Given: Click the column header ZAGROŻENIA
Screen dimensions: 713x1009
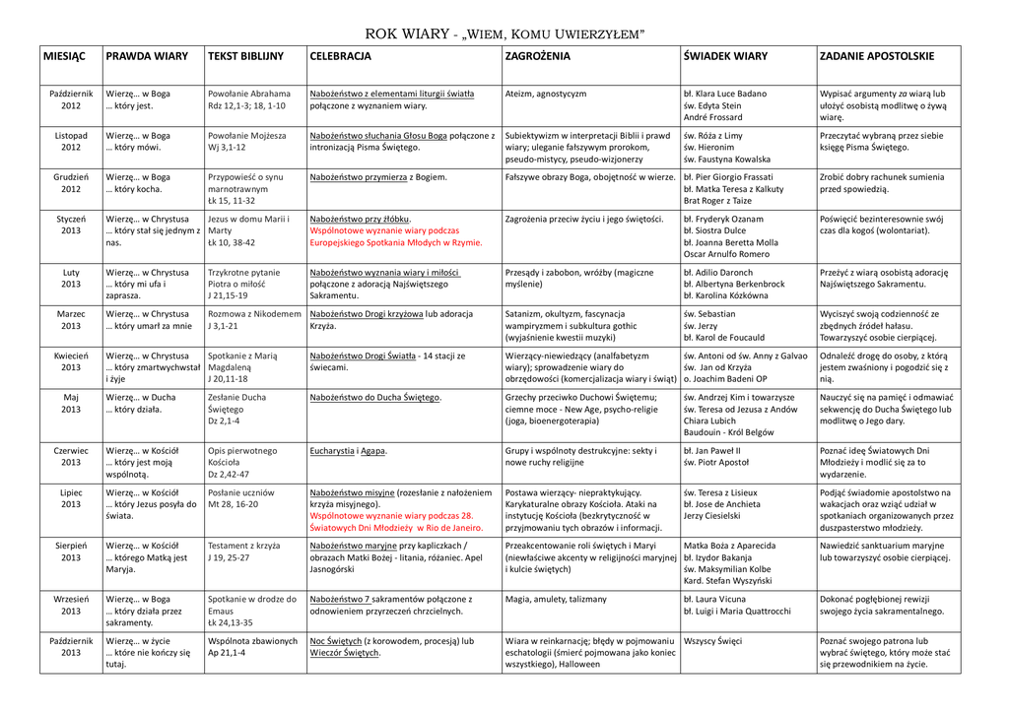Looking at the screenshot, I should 537,57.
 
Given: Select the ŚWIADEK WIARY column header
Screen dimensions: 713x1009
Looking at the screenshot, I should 724,57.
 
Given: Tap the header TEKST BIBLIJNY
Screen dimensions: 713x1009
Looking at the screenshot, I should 244,57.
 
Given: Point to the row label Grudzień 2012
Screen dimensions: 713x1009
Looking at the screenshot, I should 71,183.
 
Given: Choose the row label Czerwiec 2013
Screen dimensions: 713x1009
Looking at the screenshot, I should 71,456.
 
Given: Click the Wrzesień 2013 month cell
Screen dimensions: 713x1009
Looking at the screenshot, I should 71,604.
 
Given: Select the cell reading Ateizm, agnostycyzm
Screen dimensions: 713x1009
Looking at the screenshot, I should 545,94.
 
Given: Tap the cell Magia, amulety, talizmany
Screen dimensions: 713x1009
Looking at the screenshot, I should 556,598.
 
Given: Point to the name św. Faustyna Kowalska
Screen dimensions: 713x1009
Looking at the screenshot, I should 727,159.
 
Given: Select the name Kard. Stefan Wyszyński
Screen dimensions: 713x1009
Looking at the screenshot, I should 728,581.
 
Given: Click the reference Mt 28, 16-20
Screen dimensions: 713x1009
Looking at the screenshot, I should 234,503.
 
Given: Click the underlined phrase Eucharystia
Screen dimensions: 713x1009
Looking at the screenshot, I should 331,450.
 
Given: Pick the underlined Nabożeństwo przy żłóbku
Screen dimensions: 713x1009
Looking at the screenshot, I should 360,219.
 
